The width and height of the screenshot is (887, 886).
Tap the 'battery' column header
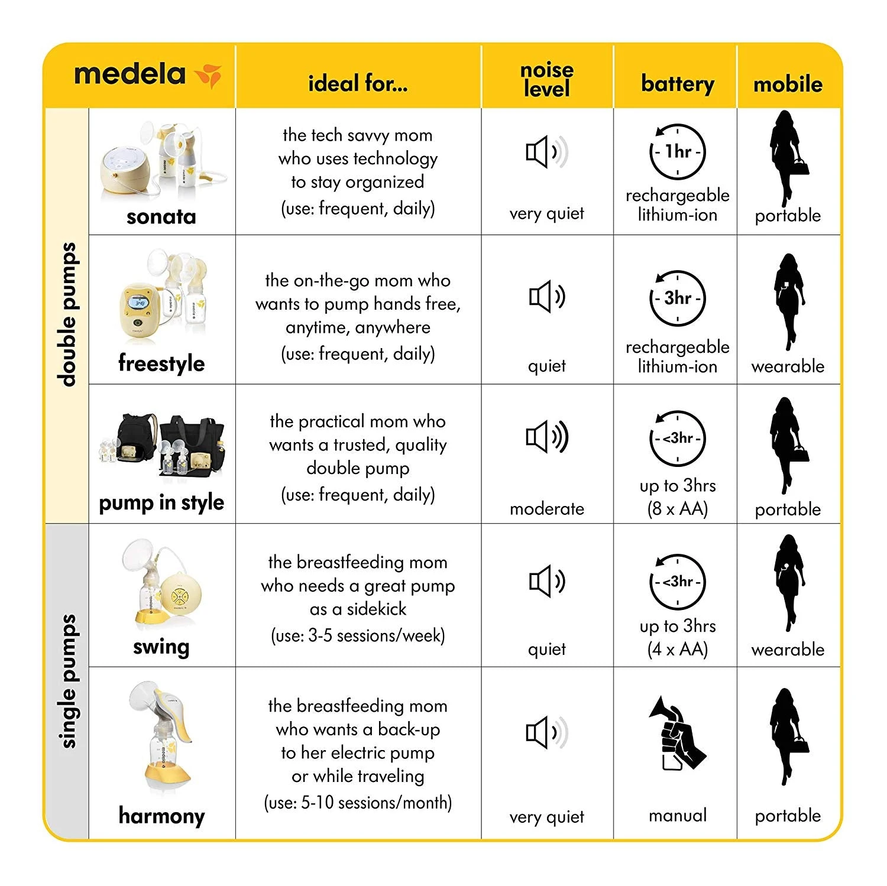(677, 83)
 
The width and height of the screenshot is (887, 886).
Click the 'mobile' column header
(788, 85)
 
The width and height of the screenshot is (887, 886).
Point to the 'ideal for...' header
(358, 83)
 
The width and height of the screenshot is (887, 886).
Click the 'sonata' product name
(161, 216)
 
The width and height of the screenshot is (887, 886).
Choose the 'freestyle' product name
(161, 363)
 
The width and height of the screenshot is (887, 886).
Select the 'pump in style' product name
(161, 502)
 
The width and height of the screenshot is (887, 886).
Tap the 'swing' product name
(161, 647)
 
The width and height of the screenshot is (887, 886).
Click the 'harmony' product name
(161, 816)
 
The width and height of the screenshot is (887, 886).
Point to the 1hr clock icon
(677, 152)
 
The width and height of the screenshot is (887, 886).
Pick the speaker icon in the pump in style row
(547, 437)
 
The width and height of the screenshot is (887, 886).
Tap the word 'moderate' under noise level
(547, 509)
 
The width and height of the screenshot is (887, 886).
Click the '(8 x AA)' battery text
(677, 509)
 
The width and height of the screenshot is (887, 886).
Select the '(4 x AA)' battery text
(677, 650)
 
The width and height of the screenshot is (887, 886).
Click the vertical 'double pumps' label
(69, 314)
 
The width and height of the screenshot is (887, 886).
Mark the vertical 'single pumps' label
(69, 681)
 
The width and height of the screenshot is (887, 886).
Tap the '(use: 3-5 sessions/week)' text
(358, 636)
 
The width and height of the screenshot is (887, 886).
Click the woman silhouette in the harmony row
(788, 736)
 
